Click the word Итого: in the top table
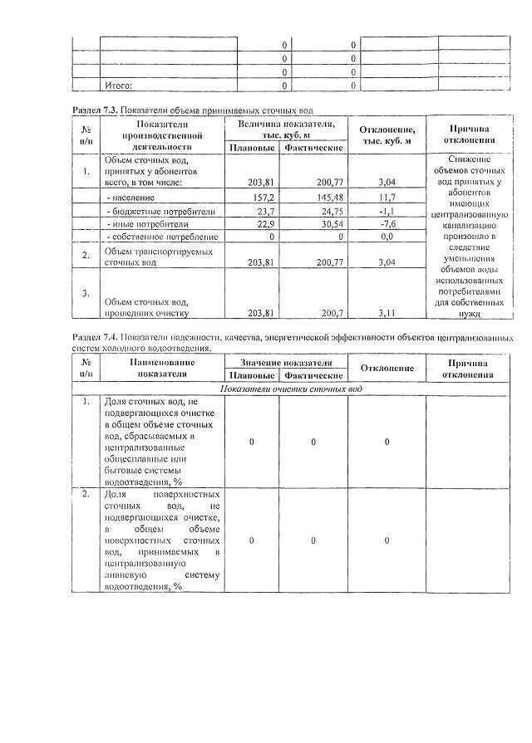pyautogui.click(x=118, y=85)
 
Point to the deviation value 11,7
pyautogui.click(x=386, y=198)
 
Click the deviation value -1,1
pyautogui.click(x=386, y=211)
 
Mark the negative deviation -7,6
pyautogui.click(x=386, y=224)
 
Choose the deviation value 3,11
pyautogui.click(x=386, y=313)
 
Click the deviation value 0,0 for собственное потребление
pyautogui.click(x=386, y=237)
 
